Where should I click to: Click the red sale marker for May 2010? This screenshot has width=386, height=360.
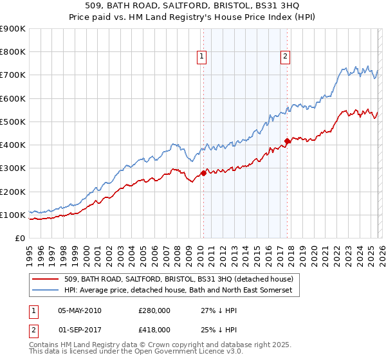pos(203,172)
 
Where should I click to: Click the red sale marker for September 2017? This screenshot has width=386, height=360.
pos(287,141)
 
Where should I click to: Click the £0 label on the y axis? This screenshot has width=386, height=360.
pos(19,238)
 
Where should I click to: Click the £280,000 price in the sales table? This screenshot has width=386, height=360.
pos(154,310)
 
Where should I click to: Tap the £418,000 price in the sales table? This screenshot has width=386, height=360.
pos(154,329)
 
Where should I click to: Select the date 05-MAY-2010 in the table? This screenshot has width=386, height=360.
pos(80,310)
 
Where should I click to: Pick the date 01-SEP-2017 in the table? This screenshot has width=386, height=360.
pos(80,329)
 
